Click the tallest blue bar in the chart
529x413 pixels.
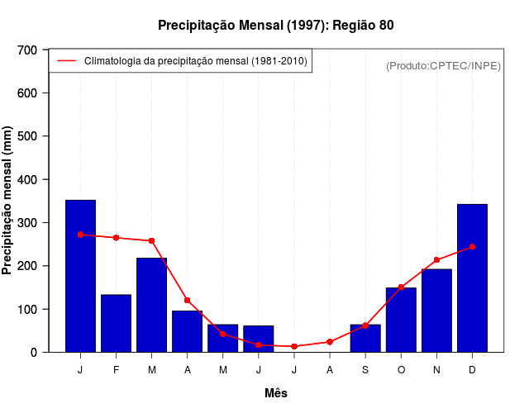point(80,276)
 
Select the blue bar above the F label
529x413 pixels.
point(116,323)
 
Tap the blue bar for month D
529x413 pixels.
point(472,278)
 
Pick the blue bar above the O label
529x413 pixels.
point(401,320)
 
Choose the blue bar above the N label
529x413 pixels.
point(436,311)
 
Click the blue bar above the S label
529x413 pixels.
point(365,338)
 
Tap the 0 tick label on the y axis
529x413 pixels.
point(34,353)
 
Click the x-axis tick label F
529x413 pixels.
point(116,370)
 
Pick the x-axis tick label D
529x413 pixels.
point(472,370)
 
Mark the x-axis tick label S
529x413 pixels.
point(365,370)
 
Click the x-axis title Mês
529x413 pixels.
point(276,393)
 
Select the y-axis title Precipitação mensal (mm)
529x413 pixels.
point(8,201)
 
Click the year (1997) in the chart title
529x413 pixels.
point(302,26)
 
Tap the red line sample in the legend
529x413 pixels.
point(66,61)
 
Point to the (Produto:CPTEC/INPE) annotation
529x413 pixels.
point(443,65)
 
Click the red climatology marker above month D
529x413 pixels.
point(472,247)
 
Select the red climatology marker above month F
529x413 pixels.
point(116,238)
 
